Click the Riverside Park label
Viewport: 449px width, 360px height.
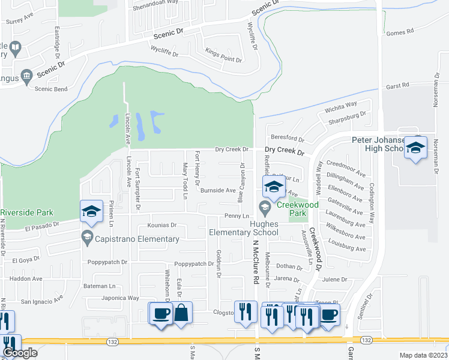(x=27, y=212)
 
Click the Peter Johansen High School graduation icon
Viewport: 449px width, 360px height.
(x=415, y=148)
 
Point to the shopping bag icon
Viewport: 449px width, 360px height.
(x=181, y=313)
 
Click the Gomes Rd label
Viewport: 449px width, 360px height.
(x=400, y=32)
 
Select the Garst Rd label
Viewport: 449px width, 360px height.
(x=397, y=86)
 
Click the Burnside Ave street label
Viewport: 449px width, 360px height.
(x=218, y=190)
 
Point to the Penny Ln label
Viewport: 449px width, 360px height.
(x=237, y=215)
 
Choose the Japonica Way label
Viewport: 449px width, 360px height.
(x=121, y=298)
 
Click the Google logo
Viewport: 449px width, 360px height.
(x=20, y=353)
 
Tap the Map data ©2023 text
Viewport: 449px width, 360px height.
(x=423, y=355)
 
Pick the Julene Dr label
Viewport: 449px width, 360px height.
(x=335, y=280)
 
